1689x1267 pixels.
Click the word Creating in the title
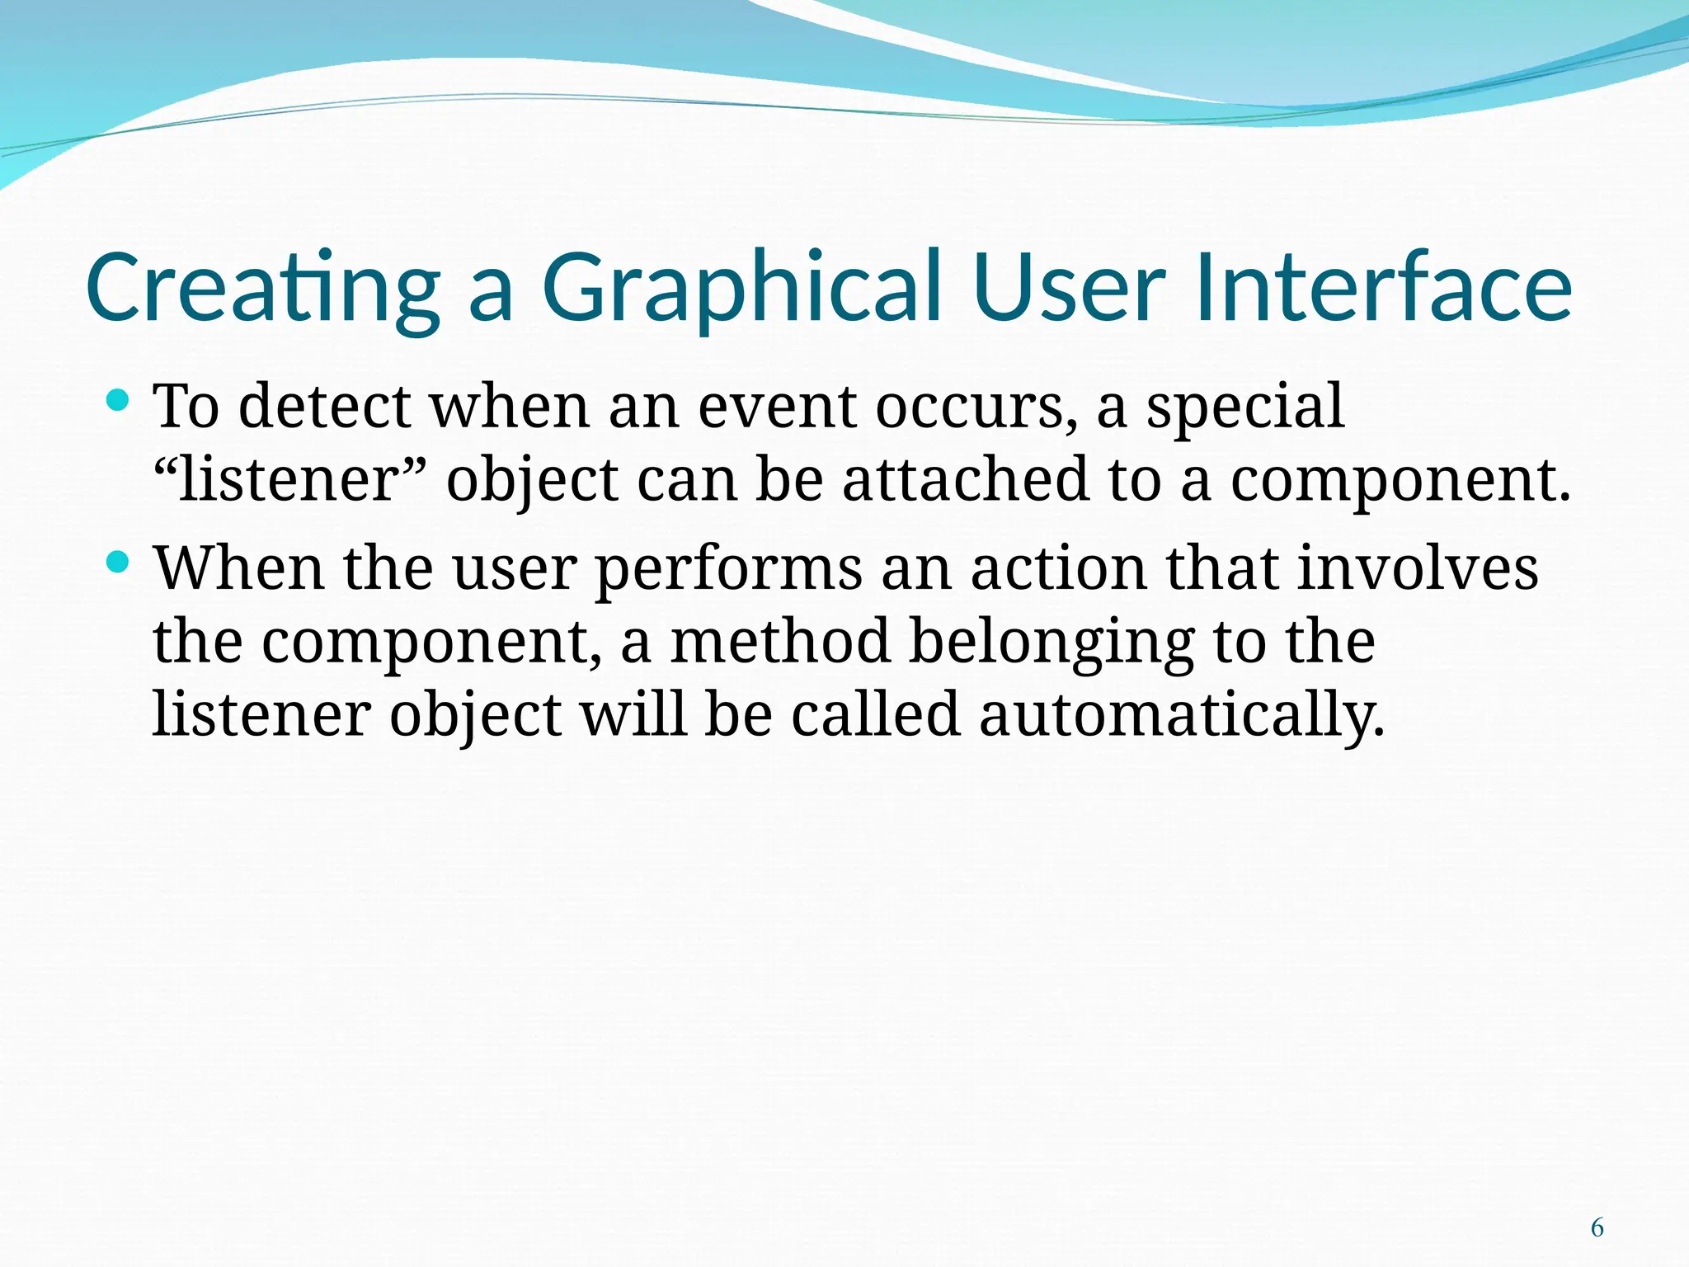(x=262, y=287)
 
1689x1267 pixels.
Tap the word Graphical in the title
(x=741, y=287)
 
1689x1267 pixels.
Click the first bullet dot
(x=119, y=402)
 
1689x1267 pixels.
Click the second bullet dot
(x=119, y=563)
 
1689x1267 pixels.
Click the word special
(x=1244, y=407)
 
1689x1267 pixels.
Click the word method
(x=780, y=641)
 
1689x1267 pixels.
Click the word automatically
(x=1182, y=715)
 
